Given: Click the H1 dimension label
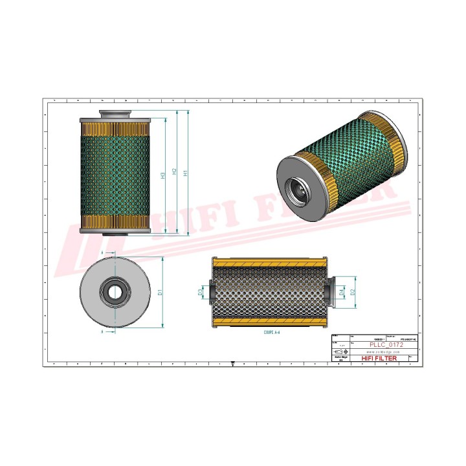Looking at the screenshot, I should pos(186,173).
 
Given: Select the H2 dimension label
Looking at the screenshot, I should pos(174,173).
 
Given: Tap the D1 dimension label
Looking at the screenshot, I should pos(160,293).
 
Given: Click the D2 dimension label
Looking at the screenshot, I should pos(353,293).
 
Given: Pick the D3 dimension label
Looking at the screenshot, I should pos(200,293).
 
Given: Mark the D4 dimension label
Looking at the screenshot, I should pos(341,293).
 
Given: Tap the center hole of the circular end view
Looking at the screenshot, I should pos(115,292).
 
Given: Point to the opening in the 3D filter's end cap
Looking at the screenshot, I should pos(299,188).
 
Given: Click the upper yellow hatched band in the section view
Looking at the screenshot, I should pos(268,263).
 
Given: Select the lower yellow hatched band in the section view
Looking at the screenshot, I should pos(268,321).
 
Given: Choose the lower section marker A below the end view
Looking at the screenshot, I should pos(102,331).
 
